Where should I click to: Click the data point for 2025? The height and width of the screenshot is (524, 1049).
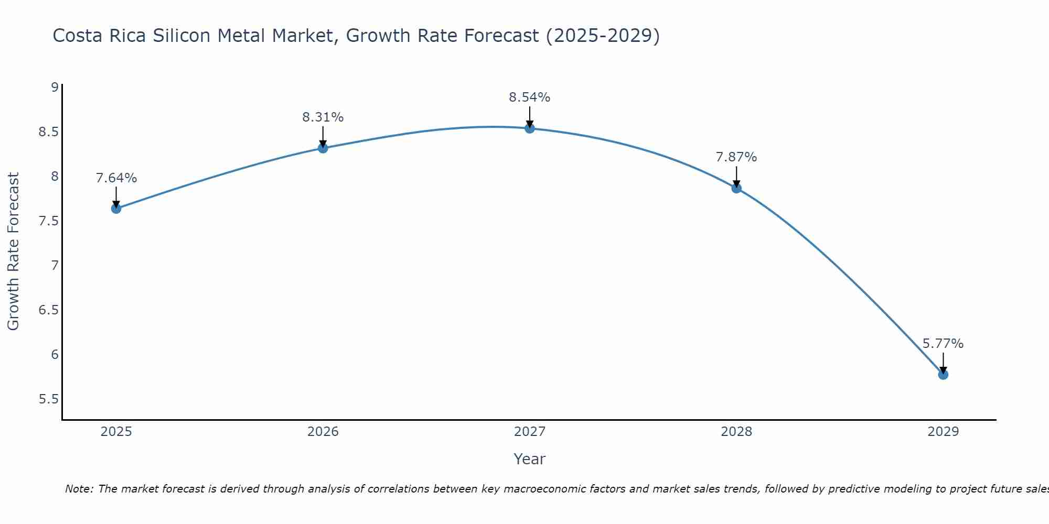(116, 209)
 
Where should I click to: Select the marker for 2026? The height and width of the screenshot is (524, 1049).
(323, 148)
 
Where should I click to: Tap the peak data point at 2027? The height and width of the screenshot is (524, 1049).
(529, 128)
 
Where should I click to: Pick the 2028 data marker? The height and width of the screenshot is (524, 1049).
(736, 188)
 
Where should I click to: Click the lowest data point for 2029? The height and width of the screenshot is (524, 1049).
(943, 375)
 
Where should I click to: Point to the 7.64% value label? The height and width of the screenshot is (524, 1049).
(116, 178)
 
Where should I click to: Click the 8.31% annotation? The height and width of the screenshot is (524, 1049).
(323, 117)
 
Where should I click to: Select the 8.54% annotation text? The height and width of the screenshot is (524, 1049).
(529, 97)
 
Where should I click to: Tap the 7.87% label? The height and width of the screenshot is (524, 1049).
(736, 157)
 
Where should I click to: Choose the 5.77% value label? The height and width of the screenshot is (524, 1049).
(943, 344)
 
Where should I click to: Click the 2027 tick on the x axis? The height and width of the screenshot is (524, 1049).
(529, 432)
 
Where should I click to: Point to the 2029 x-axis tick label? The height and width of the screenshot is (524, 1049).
(943, 432)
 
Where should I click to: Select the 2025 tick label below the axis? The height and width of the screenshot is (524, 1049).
(116, 432)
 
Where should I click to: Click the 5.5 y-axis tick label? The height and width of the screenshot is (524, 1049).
(48, 399)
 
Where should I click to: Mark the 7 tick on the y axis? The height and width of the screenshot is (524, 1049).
(55, 266)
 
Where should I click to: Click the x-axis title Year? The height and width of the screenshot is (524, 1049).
(529, 459)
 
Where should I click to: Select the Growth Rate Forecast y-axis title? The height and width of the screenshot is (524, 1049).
(13, 252)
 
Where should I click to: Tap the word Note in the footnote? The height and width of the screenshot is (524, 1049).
(79, 489)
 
